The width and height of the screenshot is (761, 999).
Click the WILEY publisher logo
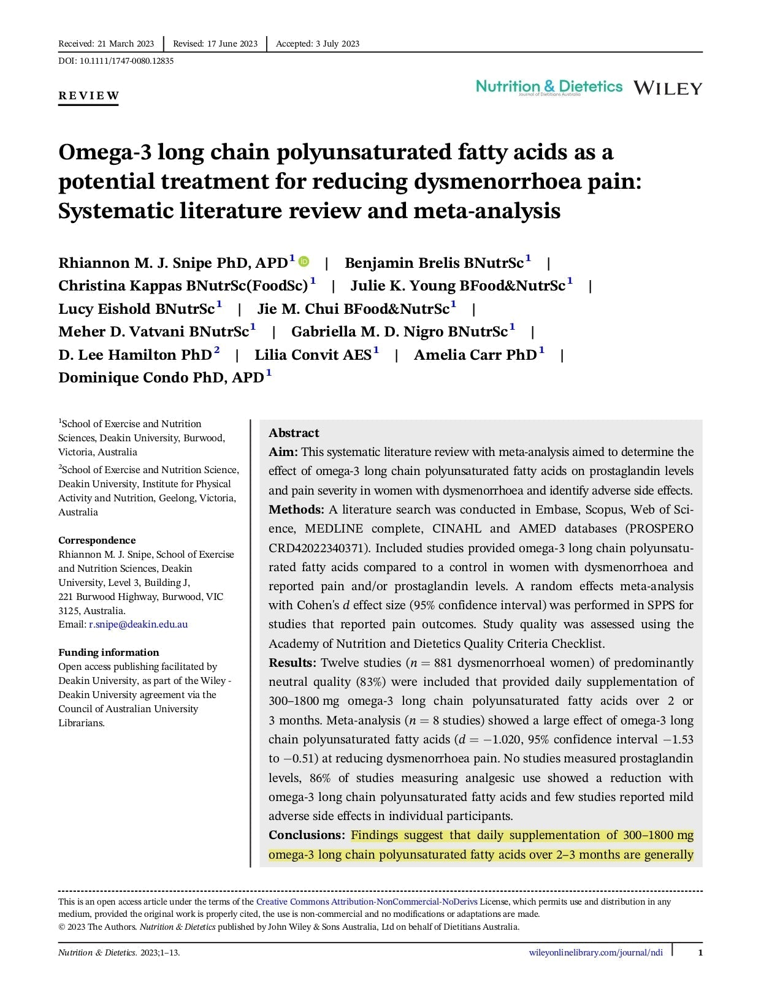667,88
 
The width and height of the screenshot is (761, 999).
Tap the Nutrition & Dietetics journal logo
549,87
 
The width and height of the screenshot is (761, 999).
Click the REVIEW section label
89,96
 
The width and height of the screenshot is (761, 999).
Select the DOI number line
116,61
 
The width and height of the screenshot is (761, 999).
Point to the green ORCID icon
304,262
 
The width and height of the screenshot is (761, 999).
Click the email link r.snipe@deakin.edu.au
138,625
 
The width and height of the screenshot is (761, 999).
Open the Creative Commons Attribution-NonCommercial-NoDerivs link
366,902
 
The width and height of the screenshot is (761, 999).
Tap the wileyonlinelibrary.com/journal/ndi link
595,952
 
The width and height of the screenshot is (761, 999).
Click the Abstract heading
294,433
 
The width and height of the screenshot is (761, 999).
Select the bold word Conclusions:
307,835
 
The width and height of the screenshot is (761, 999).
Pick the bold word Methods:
296,509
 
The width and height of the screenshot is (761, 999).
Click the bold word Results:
292,663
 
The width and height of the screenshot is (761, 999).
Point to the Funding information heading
109,652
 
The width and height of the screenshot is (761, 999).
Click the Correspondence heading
97,540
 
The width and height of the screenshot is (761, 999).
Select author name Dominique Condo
123,378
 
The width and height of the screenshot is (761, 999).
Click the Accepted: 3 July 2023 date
318,44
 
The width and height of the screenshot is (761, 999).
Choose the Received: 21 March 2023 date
106,44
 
